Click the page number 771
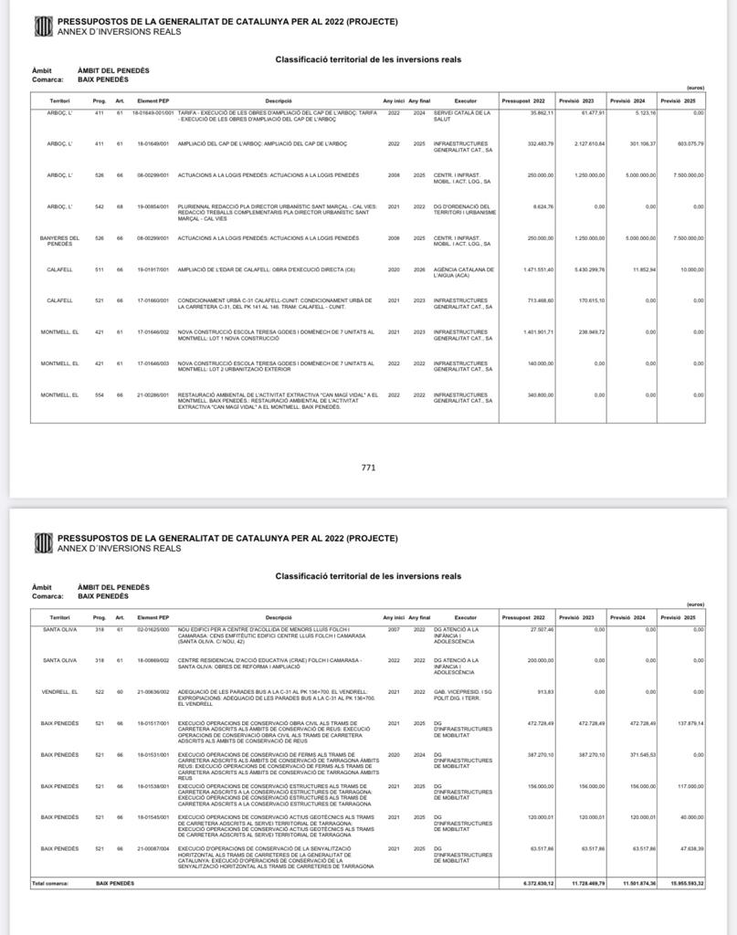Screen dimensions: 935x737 tap(368, 467)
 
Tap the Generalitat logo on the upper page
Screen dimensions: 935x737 tap(43, 26)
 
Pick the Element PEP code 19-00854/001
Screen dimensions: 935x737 tap(153, 207)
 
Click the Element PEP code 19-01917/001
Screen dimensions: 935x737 tap(153, 270)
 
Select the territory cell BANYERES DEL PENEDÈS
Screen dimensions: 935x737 tap(59, 241)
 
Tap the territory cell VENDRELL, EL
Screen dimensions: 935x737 tap(59, 692)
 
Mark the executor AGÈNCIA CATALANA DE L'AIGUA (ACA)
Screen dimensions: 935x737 tap(464, 272)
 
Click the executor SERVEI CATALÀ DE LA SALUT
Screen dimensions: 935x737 tap(462, 115)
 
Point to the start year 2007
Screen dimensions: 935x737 tap(394, 630)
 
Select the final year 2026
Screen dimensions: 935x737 tap(419, 270)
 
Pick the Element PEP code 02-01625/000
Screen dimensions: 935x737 tap(153, 630)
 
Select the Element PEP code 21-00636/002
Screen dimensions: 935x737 tap(153, 692)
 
